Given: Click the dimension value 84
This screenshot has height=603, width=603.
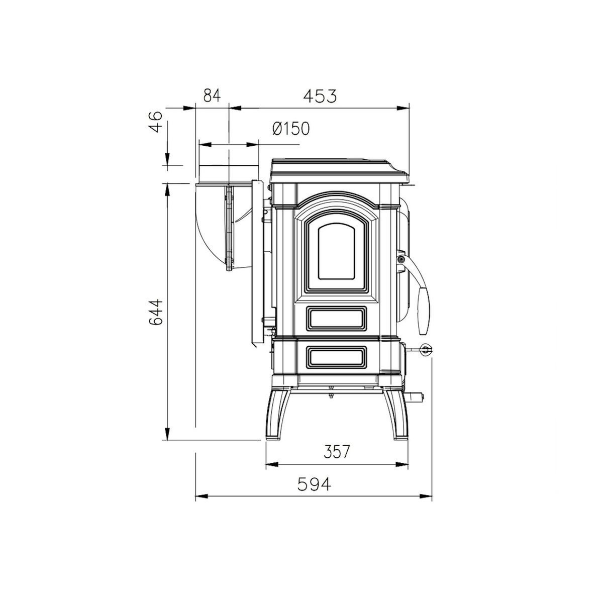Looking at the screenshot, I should [212, 95].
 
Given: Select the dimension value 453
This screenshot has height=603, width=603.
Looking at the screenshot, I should [319, 95].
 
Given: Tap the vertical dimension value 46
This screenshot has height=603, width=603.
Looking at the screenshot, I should [157, 122].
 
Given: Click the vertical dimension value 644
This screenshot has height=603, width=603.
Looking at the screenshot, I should [157, 313].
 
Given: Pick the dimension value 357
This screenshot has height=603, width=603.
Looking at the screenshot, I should [336, 452].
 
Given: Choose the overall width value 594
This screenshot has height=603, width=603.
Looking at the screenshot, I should [314, 484].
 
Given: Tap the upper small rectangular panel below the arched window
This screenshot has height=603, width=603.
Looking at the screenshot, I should [336, 318].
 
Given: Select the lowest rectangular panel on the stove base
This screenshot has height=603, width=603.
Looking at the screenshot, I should [336, 356].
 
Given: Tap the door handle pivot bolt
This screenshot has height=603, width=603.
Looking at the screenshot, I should [401, 259].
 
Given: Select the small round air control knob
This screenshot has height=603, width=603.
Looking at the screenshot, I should [426, 350].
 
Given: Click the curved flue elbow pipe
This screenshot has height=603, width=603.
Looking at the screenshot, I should [211, 221].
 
